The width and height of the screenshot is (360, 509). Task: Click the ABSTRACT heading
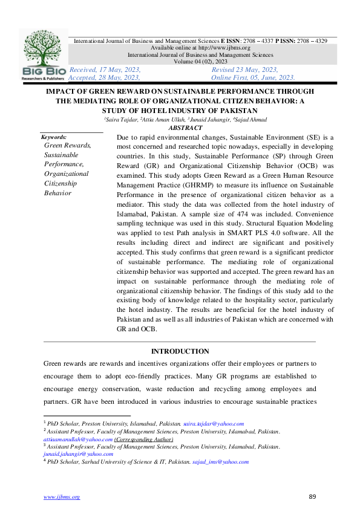point(186,128)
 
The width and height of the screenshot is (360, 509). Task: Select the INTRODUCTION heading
point(180,351)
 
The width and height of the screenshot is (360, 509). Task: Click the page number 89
point(313,496)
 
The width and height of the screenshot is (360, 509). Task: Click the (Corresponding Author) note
point(144,439)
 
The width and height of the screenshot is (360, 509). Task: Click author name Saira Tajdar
point(120,120)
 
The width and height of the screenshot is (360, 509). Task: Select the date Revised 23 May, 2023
point(244,70)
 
